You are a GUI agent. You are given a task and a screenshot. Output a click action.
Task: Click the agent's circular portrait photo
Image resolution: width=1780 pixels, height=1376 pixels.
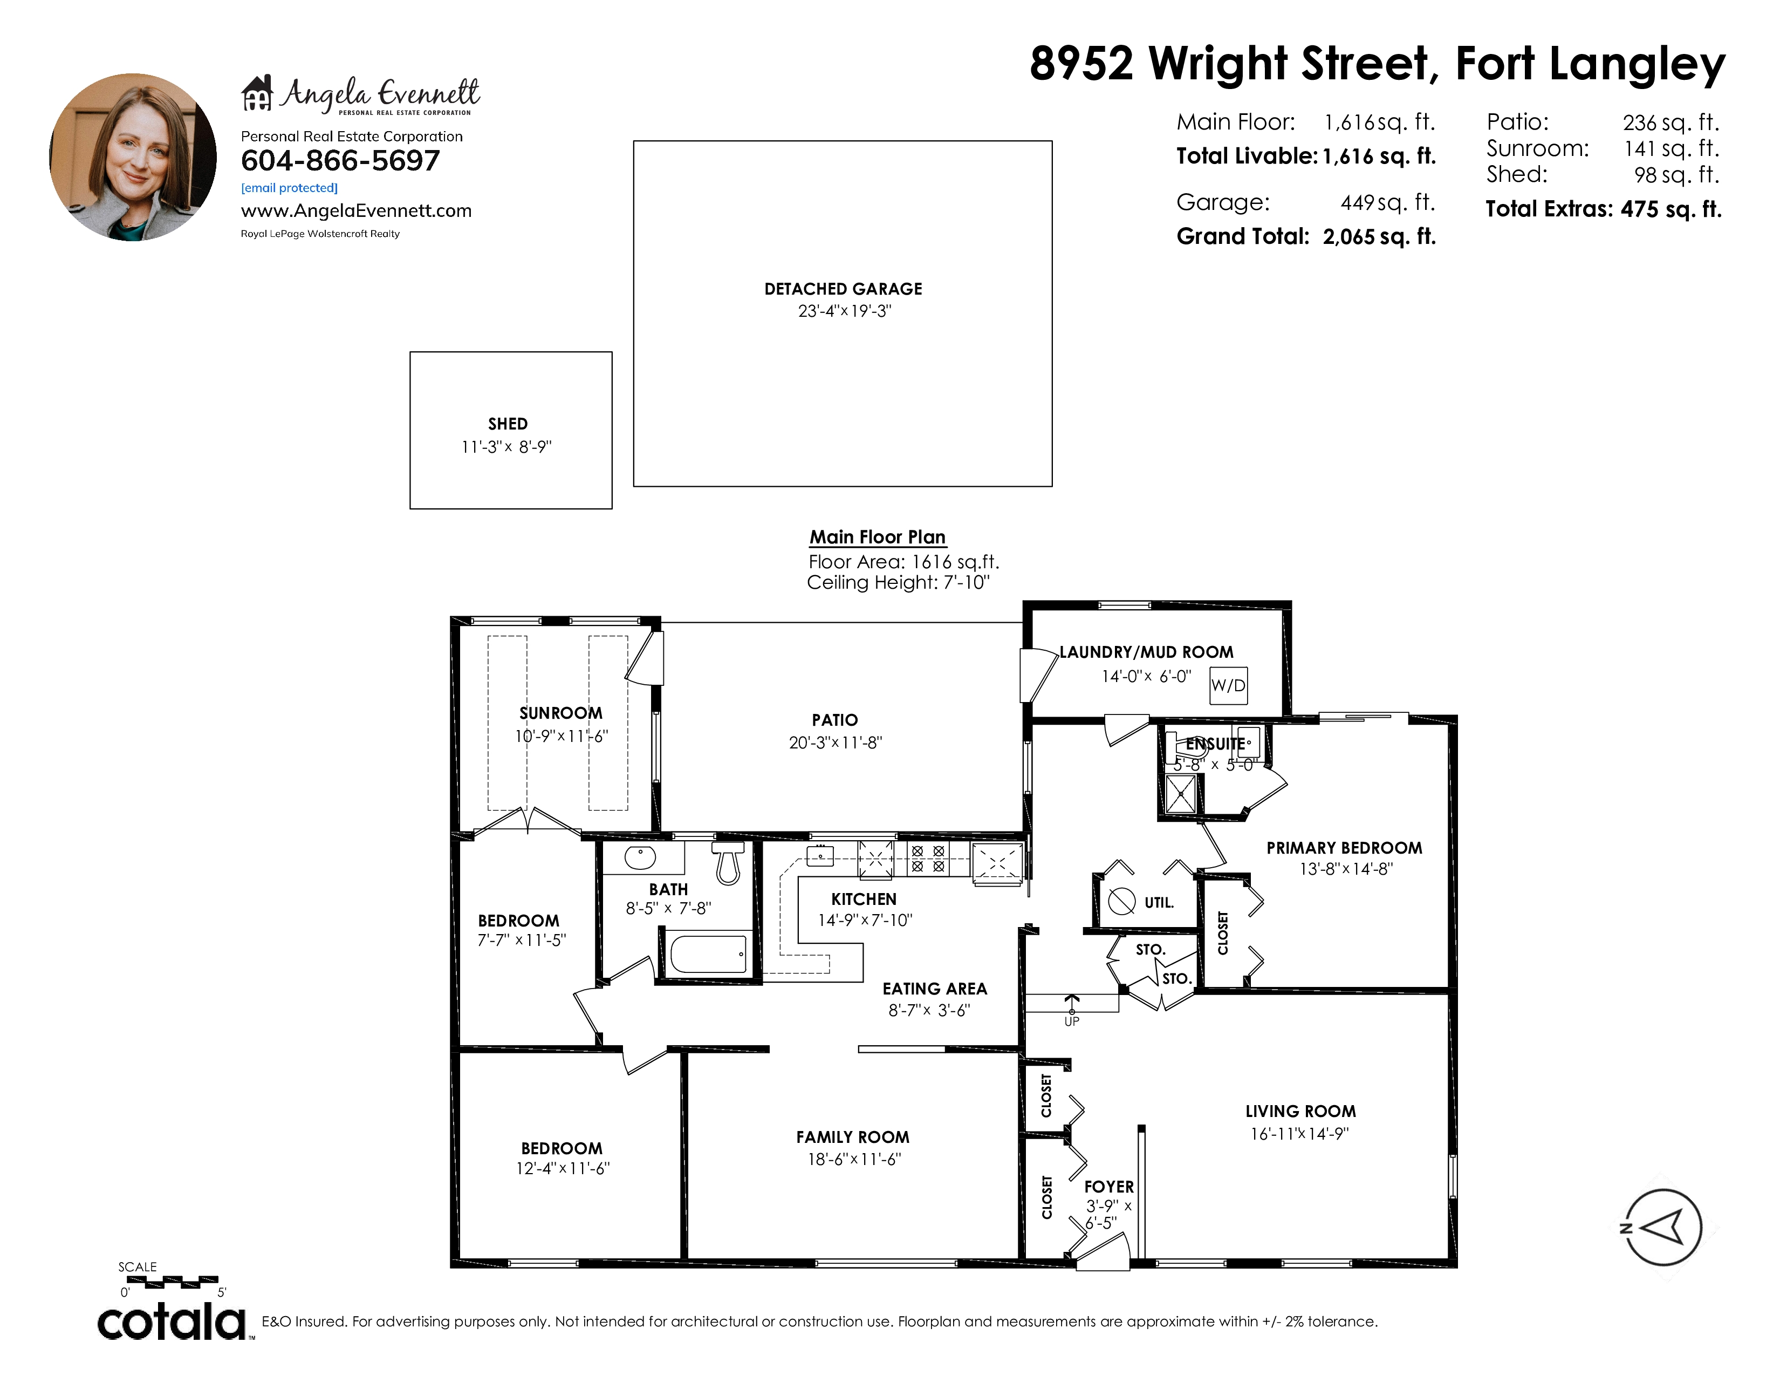(133, 158)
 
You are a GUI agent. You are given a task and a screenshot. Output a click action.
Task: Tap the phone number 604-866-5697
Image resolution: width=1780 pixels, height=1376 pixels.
(340, 161)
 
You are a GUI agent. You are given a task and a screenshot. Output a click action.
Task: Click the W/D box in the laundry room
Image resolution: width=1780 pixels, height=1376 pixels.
(1228, 685)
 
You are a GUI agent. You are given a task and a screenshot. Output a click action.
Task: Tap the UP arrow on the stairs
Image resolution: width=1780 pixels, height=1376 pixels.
(1071, 1003)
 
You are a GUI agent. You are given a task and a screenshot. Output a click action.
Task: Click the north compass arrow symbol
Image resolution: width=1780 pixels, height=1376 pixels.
(1662, 1227)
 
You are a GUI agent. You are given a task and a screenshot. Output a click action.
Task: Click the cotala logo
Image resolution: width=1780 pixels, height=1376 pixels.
(173, 1321)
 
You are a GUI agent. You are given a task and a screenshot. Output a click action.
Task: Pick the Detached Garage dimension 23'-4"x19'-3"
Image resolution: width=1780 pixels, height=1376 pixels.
(844, 311)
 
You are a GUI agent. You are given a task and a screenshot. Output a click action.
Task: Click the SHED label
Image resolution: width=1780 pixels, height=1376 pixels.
(508, 424)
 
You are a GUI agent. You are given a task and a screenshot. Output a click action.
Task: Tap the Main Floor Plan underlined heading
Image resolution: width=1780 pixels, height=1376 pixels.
(877, 537)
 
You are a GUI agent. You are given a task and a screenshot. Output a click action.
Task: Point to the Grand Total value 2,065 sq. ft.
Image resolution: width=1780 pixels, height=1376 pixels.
(1379, 236)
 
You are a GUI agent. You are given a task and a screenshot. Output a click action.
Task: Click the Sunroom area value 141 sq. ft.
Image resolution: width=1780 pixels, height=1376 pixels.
(1671, 148)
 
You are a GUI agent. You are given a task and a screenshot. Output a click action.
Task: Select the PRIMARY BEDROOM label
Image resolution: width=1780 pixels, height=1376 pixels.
(1344, 848)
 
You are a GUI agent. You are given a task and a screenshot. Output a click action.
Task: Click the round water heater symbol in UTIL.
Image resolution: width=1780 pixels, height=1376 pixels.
(1121, 902)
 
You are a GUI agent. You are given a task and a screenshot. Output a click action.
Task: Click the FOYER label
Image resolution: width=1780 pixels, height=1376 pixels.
(1108, 1187)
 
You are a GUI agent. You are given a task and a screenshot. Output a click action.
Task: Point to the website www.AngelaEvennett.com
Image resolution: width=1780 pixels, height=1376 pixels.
(356, 210)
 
